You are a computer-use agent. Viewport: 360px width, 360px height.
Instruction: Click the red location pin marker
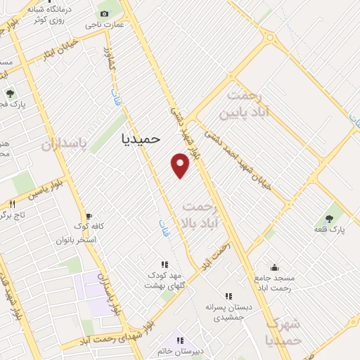click(x=181, y=165)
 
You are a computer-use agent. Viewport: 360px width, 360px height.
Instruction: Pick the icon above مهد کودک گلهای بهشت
click(x=164, y=264)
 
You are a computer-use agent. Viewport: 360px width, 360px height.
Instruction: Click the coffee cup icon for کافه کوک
click(x=88, y=216)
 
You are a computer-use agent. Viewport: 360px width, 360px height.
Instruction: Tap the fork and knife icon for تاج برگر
click(x=12, y=203)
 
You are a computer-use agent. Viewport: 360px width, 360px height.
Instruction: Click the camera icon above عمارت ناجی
click(x=105, y=13)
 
